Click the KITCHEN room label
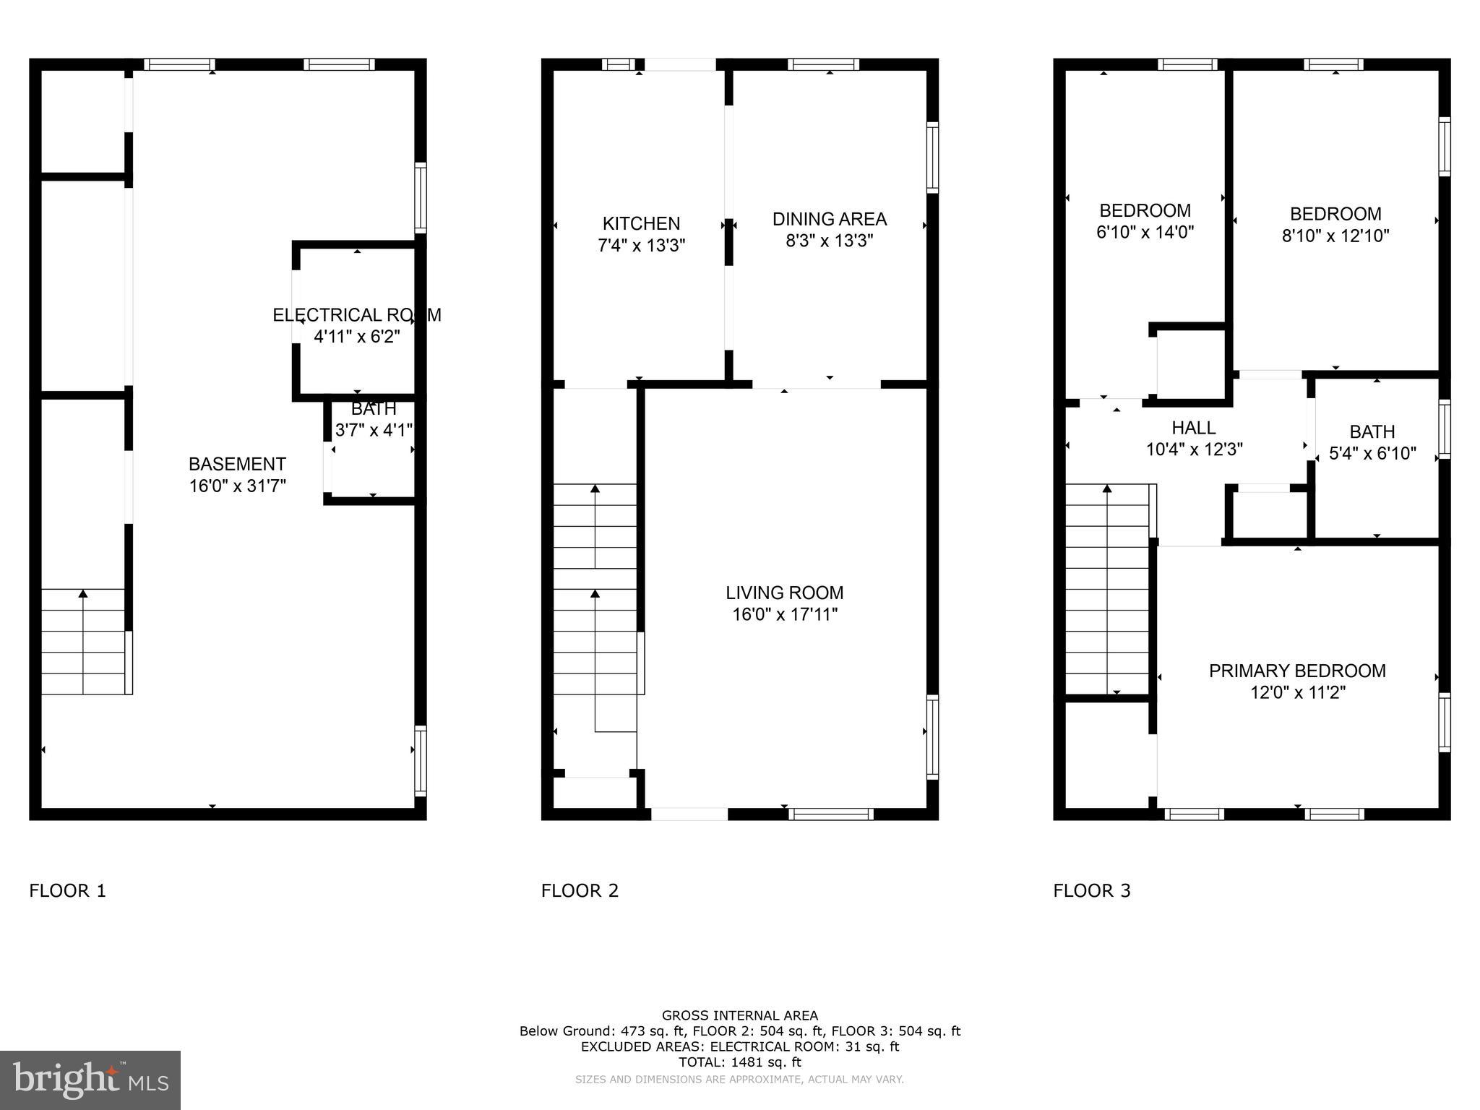click(641, 223)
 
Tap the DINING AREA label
click(829, 219)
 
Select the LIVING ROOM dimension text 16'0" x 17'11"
click(784, 615)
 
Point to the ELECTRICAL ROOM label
click(356, 315)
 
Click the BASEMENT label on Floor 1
click(237, 464)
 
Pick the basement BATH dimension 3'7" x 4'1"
click(374, 430)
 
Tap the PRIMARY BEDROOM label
click(1297, 671)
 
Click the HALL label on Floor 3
click(1193, 428)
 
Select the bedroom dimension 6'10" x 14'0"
click(1145, 232)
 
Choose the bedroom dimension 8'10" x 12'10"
click(1335, 236)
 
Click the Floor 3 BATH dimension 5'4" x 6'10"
click(1372, 454)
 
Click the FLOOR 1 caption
click(67, 890)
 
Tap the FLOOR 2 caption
click(580, 890)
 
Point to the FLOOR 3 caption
click(1091, 890)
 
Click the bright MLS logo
click(90, 1080)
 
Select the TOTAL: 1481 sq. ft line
click(739, 1062)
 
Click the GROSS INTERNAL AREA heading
click(739, 1015)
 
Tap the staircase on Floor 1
click(84, 642)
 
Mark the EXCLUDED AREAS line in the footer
click(739, 1046)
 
